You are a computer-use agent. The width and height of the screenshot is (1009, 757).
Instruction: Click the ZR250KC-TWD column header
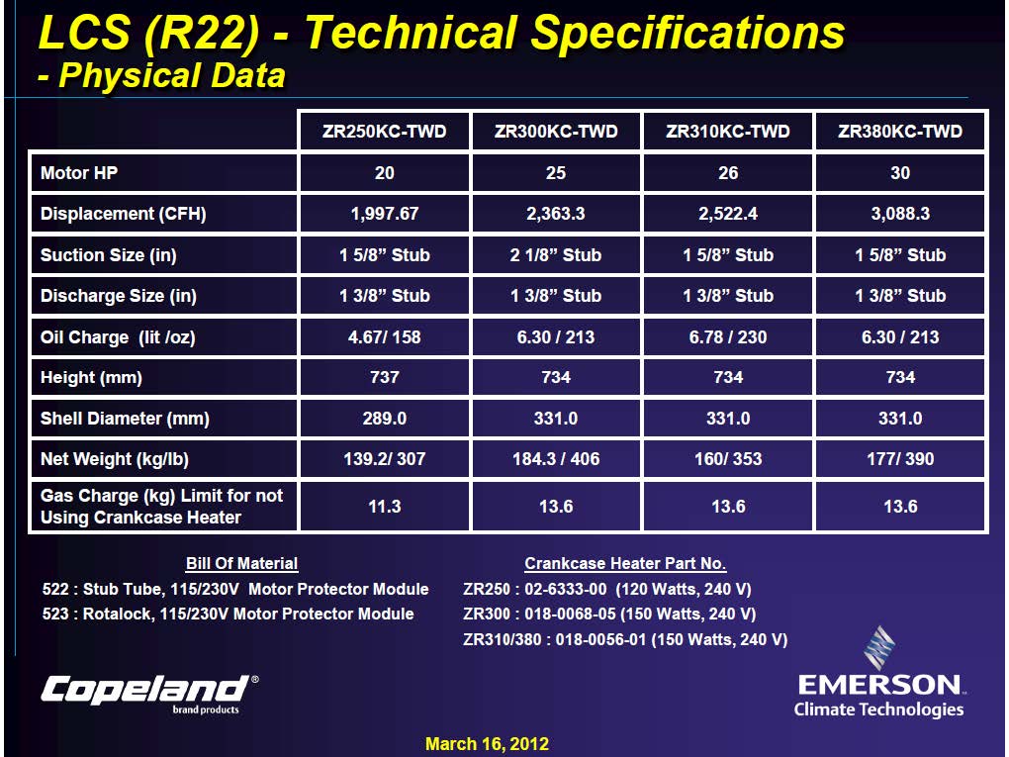384,132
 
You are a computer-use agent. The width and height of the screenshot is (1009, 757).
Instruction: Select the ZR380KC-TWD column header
899,132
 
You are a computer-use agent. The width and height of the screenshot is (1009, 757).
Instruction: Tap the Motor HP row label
79,172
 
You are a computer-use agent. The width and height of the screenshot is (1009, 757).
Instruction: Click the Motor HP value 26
728,172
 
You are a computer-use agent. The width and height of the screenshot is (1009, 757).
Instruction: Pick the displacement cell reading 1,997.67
384,213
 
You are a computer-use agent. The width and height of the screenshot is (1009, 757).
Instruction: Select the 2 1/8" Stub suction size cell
555,255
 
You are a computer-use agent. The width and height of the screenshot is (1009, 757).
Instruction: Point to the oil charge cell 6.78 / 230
728,336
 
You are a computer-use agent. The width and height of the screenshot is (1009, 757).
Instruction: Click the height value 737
384,377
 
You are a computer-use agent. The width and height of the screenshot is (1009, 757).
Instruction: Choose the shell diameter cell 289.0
384,419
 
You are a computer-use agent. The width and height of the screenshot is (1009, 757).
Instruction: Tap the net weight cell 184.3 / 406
555,459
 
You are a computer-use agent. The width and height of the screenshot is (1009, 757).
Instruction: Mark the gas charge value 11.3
384,507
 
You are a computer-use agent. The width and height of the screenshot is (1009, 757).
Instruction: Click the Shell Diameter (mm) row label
125,419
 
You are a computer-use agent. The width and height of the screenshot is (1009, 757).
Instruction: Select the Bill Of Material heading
241,563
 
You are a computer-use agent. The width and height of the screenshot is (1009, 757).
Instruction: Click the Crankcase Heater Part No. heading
625,563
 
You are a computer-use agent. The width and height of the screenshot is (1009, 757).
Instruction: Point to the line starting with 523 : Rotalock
228,614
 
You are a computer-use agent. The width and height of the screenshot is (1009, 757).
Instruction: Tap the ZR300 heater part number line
608,614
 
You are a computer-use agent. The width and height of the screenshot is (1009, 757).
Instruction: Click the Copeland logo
150,694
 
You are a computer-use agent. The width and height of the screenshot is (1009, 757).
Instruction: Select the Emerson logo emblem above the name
879,647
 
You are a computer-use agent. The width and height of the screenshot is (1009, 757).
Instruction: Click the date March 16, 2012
487,744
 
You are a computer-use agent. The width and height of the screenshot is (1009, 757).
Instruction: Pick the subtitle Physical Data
161,75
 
